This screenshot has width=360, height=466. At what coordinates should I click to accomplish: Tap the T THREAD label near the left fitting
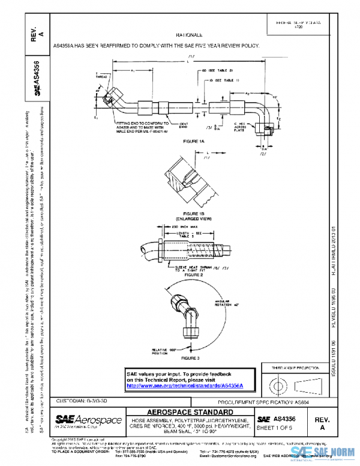100,76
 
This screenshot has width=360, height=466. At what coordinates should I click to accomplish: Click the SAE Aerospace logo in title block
89,420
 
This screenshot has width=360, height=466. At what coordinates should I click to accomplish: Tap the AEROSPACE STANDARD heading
190,412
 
